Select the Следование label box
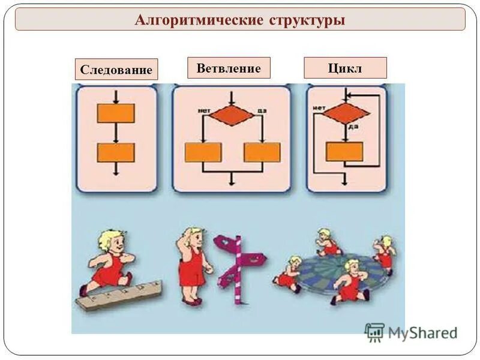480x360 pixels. (x=116, y=70)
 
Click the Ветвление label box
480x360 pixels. (x=229, y=68)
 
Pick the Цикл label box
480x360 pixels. (x=345, y=68)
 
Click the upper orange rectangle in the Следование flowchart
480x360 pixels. (x=116, y=113)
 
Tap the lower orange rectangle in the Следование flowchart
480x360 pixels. (x=116, y=152)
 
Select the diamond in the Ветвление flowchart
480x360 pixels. (x=232, y=114)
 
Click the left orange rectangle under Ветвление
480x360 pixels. (x=203, y=152)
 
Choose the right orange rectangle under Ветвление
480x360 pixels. (x=262, y=152)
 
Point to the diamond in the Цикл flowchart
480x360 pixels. (x=345, y=113)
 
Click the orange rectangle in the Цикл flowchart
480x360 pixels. (x=344, y=151)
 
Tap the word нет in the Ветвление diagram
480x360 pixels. (x=203, y=110)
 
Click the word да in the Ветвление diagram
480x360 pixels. (x=261, y=110)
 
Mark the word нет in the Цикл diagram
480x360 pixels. (x=319, y=108)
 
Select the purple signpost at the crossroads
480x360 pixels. (x=239, y=264)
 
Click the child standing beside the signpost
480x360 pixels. (x=193, y=264)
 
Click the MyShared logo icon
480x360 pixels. (x=374, y=332)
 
